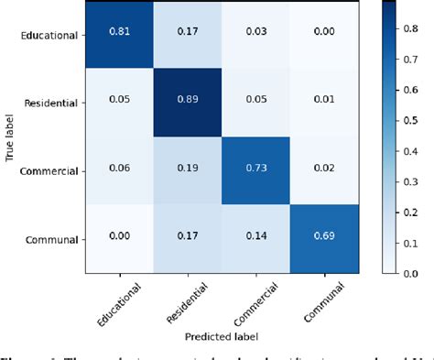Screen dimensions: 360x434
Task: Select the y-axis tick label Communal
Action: coord(51,240)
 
